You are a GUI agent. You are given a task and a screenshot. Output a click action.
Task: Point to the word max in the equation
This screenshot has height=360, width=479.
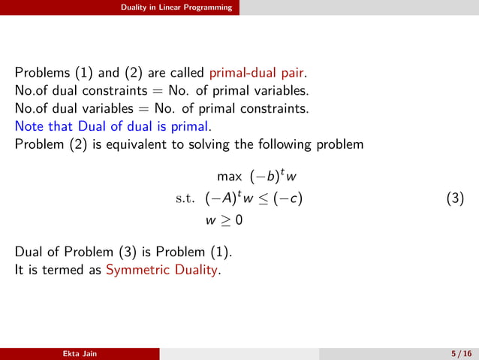230,177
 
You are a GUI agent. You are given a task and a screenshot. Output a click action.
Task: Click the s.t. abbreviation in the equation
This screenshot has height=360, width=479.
185,199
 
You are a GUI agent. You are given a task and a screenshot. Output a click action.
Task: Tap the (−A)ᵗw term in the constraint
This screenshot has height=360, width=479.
234,199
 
